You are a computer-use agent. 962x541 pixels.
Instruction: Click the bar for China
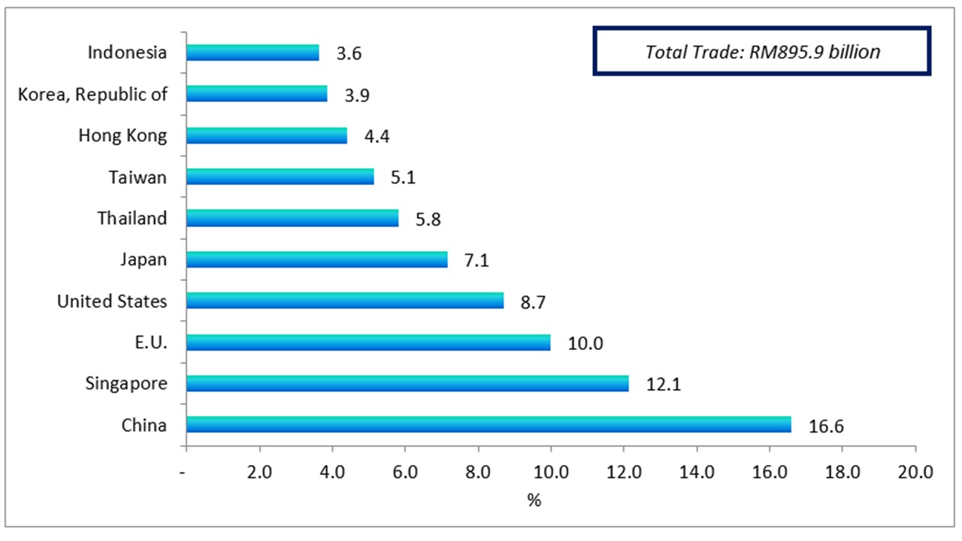tap(489, 425)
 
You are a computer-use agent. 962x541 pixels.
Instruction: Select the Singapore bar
tap(407, 383)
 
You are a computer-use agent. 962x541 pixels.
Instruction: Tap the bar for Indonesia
tap(253, 53)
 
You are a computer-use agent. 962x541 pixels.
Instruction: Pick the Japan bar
tap(316, 259)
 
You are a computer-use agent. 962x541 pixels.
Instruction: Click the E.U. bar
tap(368, 342)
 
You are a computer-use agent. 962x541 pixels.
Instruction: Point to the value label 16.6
tap(827, 426)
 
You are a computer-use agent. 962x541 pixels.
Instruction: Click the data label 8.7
tap(532, 302)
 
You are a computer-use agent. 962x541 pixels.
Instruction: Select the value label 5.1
tap(403, 178)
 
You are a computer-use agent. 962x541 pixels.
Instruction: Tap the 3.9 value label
tap(356, 95)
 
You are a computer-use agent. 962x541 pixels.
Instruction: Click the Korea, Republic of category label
tap(92, 94)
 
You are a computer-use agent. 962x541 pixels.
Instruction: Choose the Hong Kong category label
tap(123, 135)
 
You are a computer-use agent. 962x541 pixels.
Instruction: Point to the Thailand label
tap(132, 218)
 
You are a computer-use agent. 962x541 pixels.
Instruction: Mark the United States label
tap(112, 301)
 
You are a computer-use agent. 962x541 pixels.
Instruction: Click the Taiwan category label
tap(137, 177)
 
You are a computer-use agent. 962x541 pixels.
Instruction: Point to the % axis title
tap(534, 500)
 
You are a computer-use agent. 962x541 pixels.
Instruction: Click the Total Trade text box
tap(762, 52)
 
